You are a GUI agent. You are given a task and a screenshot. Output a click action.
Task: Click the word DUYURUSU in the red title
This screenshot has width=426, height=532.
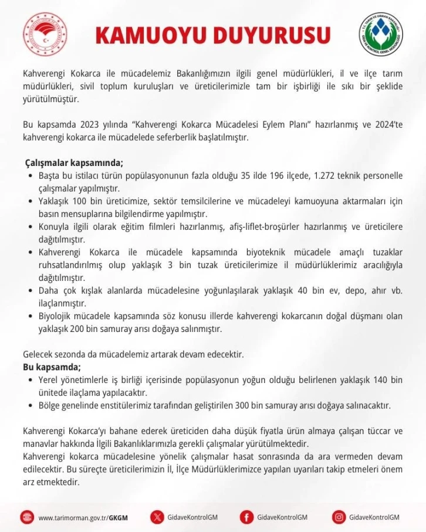[x=269, y=35]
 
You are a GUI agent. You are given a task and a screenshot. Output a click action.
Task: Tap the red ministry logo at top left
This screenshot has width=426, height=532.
[x=45, y=35]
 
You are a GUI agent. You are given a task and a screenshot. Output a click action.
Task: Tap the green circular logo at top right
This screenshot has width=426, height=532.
[x=381, y=35]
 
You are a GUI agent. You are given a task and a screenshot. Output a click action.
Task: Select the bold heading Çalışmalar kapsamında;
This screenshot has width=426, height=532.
[x=74, y=162]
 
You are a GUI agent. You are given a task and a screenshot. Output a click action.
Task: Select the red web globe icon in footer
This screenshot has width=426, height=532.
[x=28, y=517]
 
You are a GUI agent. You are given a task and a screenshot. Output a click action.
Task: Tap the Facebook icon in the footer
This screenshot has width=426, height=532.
[x=247, y=517]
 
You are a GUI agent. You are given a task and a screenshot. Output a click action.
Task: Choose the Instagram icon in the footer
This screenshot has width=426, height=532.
[x=339, y=517]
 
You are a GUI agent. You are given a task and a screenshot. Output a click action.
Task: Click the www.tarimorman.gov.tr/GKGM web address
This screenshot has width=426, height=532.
[x=83, y=517]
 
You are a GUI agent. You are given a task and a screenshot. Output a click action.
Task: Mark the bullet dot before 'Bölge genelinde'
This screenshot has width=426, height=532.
[x=31, y=405]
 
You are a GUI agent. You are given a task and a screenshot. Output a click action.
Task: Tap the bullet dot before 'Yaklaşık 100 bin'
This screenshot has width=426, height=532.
[x=31, y=201]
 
